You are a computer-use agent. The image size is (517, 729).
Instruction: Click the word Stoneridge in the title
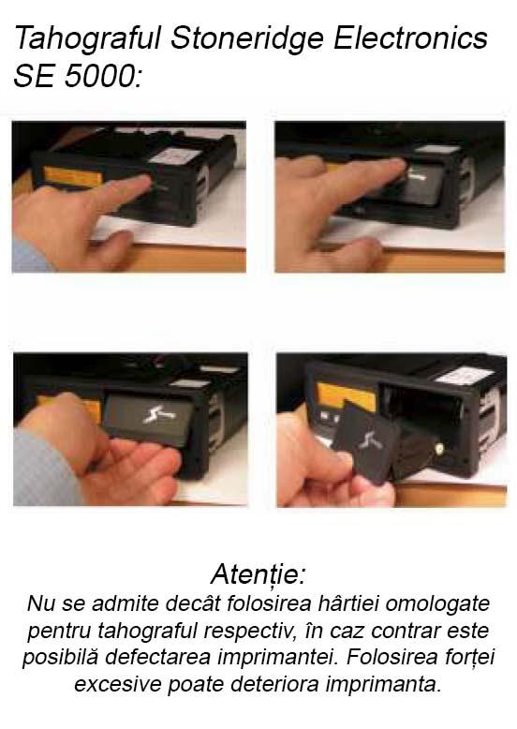coord(247,39)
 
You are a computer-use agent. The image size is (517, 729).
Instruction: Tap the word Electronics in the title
coord(410,37)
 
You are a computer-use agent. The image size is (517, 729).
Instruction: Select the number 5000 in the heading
coord(102,75)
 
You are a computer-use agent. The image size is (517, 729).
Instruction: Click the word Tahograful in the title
coord(88,39)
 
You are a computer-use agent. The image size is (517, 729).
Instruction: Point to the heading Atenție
coord(258,574)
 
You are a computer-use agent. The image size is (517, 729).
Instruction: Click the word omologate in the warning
coord(437,604)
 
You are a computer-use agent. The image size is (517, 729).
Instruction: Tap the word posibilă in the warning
coord(60,659)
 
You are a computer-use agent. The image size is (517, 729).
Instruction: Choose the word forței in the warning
coord(467,658)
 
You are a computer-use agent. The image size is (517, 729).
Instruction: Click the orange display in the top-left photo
coord(69,177)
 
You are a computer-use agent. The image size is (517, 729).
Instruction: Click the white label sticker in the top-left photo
coord(168,156)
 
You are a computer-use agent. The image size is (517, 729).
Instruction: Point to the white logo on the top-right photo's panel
coord(416,177)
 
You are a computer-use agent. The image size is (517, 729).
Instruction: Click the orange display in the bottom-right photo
coord(345,395)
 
